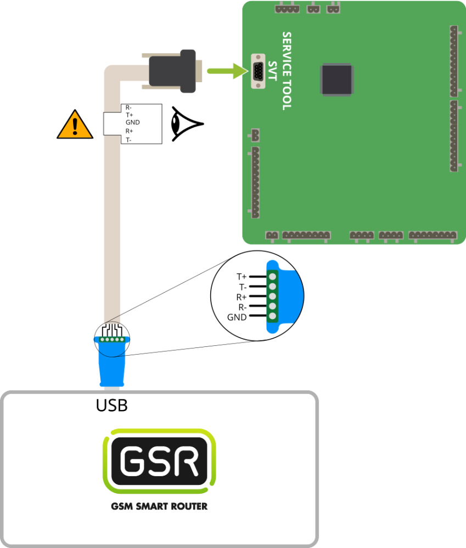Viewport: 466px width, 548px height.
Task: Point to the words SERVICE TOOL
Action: [x=287, y=71]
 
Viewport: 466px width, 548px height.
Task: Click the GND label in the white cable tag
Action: [x=133, y=123]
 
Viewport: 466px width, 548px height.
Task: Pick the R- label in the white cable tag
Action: [x=129, y=107]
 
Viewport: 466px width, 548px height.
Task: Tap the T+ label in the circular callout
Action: [x=242, y=277]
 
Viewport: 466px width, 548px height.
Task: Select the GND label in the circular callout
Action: [x=238, y=317]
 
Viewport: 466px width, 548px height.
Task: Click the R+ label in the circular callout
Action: [x=242, y=297]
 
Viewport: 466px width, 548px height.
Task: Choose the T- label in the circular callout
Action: [x=242, y=287]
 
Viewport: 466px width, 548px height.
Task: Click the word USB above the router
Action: [x=112, y=406]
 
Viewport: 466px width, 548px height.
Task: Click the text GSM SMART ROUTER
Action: [x=159, y=506]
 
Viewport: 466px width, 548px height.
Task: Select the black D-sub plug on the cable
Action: [x=172, y=71]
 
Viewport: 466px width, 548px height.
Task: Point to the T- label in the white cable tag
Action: [x=129, y=140]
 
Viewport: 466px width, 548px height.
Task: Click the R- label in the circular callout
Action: [x=242, y=307]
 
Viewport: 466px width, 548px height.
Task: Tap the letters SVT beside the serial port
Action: [x=273, y=71]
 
